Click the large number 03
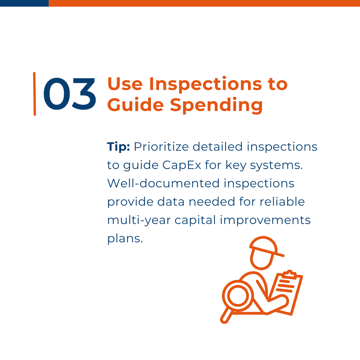tap(70, 94)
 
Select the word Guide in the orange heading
tap(135, 105)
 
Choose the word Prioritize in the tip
tap(161, 147)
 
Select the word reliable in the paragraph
tap(282, 202)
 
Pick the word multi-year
tap(139, 221)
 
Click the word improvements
tap(265, 221)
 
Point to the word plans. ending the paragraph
tap(125, 239)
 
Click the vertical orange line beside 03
tap(34, 94)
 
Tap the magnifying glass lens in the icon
tap(238, 296)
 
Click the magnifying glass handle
tap(226, 316)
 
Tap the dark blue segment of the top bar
tap(24, 3)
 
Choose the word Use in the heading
tap(125, 84)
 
